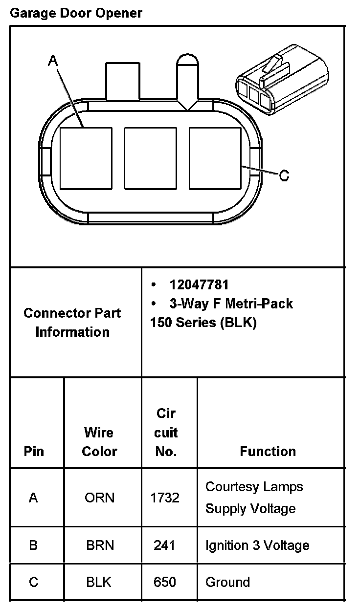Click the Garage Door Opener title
(x=76, y=13)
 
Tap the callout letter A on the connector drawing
(x=53, y=61)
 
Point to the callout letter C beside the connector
(x=284, y=174)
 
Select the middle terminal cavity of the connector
(x=150, y=158)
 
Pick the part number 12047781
(x=199, y=284)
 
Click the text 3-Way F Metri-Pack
(x=231, y=304)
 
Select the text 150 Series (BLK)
(x=203, y=323)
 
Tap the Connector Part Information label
(x=72, y=322)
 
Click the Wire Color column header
(x=99, y=442)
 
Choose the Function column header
(x=268, y=451)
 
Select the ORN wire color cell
(x=100, y=498)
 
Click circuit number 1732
(x=165, y=498)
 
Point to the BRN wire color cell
(x=100, y=545)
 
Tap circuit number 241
(x=164, y=545)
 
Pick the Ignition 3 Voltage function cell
(x=257, y=545)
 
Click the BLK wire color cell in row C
(x=99, y=582)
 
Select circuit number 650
(x=164, y=582)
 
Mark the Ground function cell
(x=227, y=582)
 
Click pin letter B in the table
(x=33, y=545)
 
